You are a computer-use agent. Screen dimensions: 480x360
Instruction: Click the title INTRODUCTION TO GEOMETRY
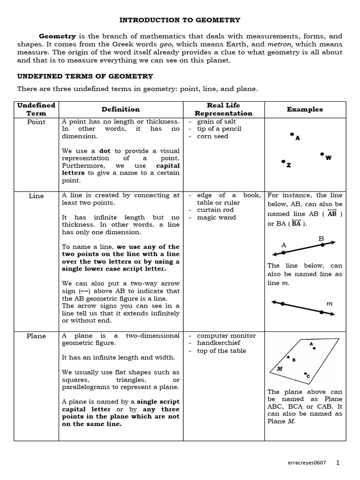pyautogui.click(x=180, y=20)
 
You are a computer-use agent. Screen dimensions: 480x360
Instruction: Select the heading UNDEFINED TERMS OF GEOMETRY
pyautogui.click(x=85, y=76)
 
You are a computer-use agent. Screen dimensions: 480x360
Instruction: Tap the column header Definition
pyautogui.click(x=120, y=109)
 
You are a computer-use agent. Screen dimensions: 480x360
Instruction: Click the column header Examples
pyautogui.click(x=305, y=109)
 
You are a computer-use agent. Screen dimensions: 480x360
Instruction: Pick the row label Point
pyautogui.click(x=37, y=122)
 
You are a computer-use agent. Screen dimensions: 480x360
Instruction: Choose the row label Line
pyautogui.click(x=37, y=196)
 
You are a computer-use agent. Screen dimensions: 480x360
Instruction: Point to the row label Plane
pyautogui.click(x=37, y=336)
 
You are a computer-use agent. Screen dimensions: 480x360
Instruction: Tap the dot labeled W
pyautogui.click(x=322, y=154)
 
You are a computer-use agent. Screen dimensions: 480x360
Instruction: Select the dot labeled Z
pyautogui.click(x=283, y=161)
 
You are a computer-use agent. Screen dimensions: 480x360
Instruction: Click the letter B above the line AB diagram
pyautogui.click(x=321, y=239)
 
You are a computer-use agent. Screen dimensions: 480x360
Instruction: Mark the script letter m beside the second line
pyautogui.click(x=329, y=304)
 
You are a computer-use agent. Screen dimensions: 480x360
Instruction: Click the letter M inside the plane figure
pyautogui.click(x=280, y=369)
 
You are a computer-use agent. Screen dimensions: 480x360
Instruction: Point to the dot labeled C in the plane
pyautogui.click(x=305, y=373)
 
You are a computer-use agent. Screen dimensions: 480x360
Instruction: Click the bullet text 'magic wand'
pyautogui.click(x=216, y=217)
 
